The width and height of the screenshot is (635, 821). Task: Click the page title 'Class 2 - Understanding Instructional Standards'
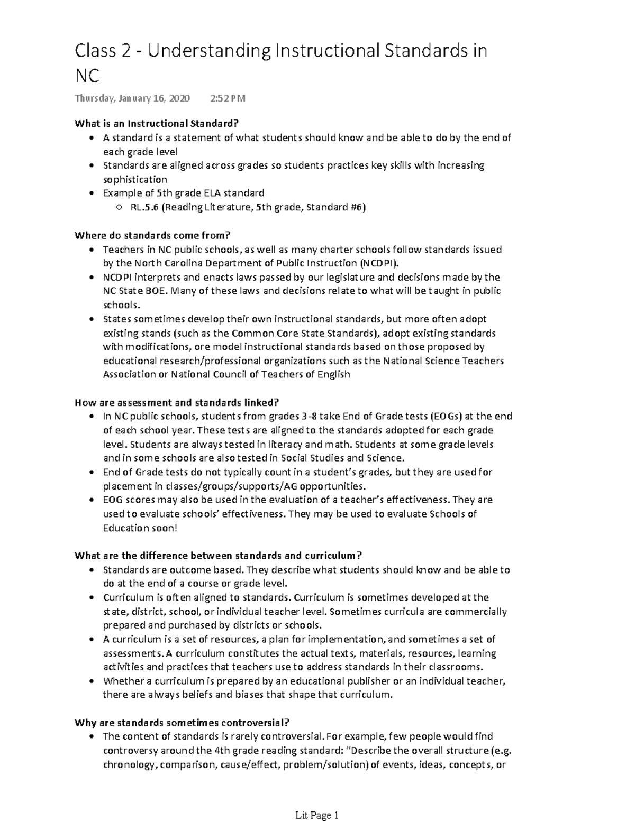[x=280, y=52]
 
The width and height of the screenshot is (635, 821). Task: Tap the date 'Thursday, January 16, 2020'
[x=132, y=98]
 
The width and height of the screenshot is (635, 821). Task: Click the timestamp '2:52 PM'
[x=228, y=98]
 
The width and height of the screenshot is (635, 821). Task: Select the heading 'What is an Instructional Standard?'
[x=157, y=124]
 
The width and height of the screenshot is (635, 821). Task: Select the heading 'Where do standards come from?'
[x=153, y=235]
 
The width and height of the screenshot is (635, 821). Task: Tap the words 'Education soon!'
[x=140, y=528]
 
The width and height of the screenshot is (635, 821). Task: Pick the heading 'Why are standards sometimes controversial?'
[x=182, y=723]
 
